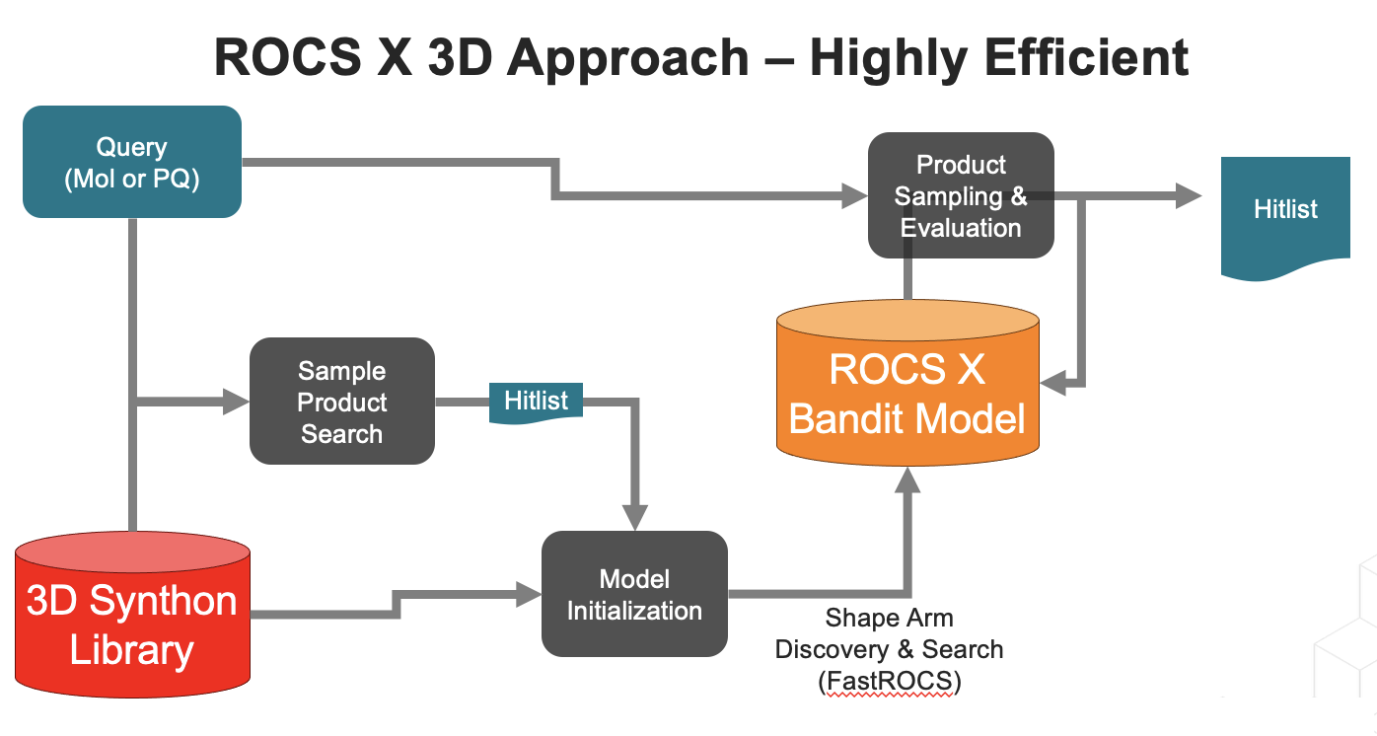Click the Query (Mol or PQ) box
click(x=131, y=162)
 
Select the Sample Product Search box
click(x=341, y=402)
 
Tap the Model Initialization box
click(x=633, y=594)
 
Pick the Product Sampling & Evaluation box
click(x=960, y=195)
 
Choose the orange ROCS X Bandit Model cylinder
click(x=907, y=395)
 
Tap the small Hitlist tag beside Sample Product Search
click(x=536, y=402)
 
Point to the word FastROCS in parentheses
click(x=889, y=681)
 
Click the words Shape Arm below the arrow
click(x=889, y=619)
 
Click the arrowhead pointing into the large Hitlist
click(x=1188, y=196)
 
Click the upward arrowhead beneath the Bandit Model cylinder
click(x=907, y=479)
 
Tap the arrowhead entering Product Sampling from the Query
click(x=854, y=196)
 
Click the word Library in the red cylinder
click(x=131, y=651)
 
